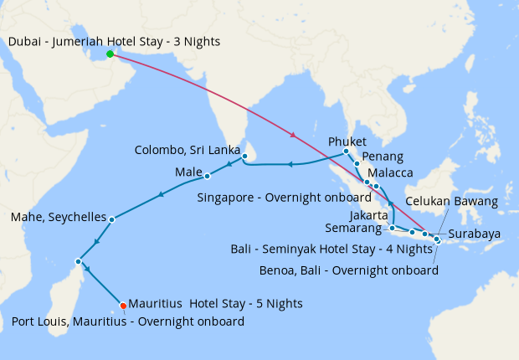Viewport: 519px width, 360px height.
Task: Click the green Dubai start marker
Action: (x=110, y=54)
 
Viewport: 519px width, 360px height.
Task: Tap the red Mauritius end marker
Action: (x=123, y=305)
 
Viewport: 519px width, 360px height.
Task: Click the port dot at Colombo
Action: (x=244, y=156)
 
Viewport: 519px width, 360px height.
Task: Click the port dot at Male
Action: (x=207, y=176)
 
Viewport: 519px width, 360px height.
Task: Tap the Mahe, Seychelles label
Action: (x=58, y=217)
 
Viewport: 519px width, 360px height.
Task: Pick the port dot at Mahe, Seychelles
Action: (x=112, y=219)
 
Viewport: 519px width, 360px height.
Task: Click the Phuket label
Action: (x=347, y=141)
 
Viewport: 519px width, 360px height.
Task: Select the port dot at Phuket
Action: (x=346, y=152)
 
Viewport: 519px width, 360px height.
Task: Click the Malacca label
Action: (x=391, y=172)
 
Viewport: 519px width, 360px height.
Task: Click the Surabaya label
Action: (x=474, y=234)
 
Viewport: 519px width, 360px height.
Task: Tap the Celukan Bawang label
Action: (x=452, y=201)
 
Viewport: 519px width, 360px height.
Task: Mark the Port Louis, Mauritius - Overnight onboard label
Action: (x=128, y=321)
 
